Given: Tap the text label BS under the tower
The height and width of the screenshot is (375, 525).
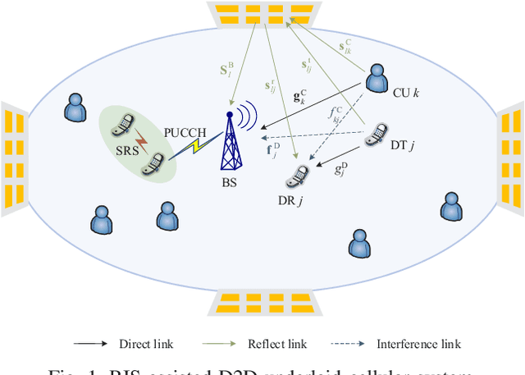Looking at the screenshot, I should [x=229, y=182].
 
